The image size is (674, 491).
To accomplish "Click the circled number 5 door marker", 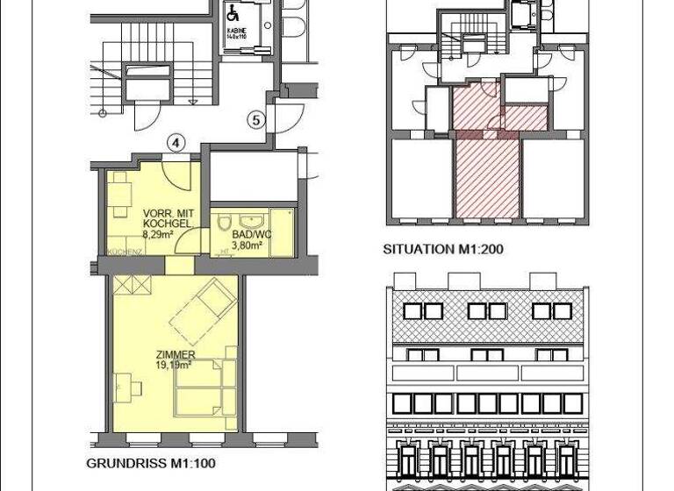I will click(x=255, y=120).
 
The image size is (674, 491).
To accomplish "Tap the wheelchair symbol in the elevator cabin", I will click(x=234, y=13).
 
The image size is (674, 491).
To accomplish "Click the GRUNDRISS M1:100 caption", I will click(x=150, y=463).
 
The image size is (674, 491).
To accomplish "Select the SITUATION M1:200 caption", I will click(x=442, y=249).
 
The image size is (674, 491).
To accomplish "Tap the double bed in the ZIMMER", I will click(x=202, y=389).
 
